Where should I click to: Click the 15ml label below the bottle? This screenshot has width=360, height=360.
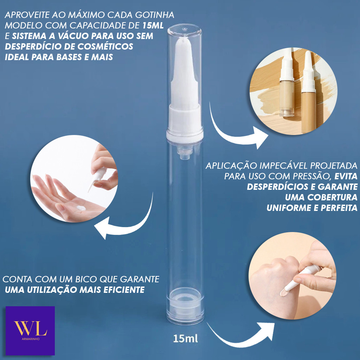pyautogui.click(x=185, y=339)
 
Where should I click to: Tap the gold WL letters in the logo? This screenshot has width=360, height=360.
pyautogui.click(x=31, y=328)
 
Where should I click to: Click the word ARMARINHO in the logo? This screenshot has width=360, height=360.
pyautogui.click(x=31, y=339)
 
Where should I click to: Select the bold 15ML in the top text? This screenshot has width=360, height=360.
pyautogui.click(x=153, y=25)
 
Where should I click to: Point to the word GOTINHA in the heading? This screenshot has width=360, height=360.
pyautogui.click(x=155, y=15)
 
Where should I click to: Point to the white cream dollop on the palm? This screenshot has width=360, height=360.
pyautogui.click(x=81, y=208)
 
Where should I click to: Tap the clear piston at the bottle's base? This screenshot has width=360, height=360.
pyautogui.click(x=185, y=306)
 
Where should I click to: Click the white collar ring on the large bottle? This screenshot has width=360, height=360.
pyautogui.click(x=185, y=136)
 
